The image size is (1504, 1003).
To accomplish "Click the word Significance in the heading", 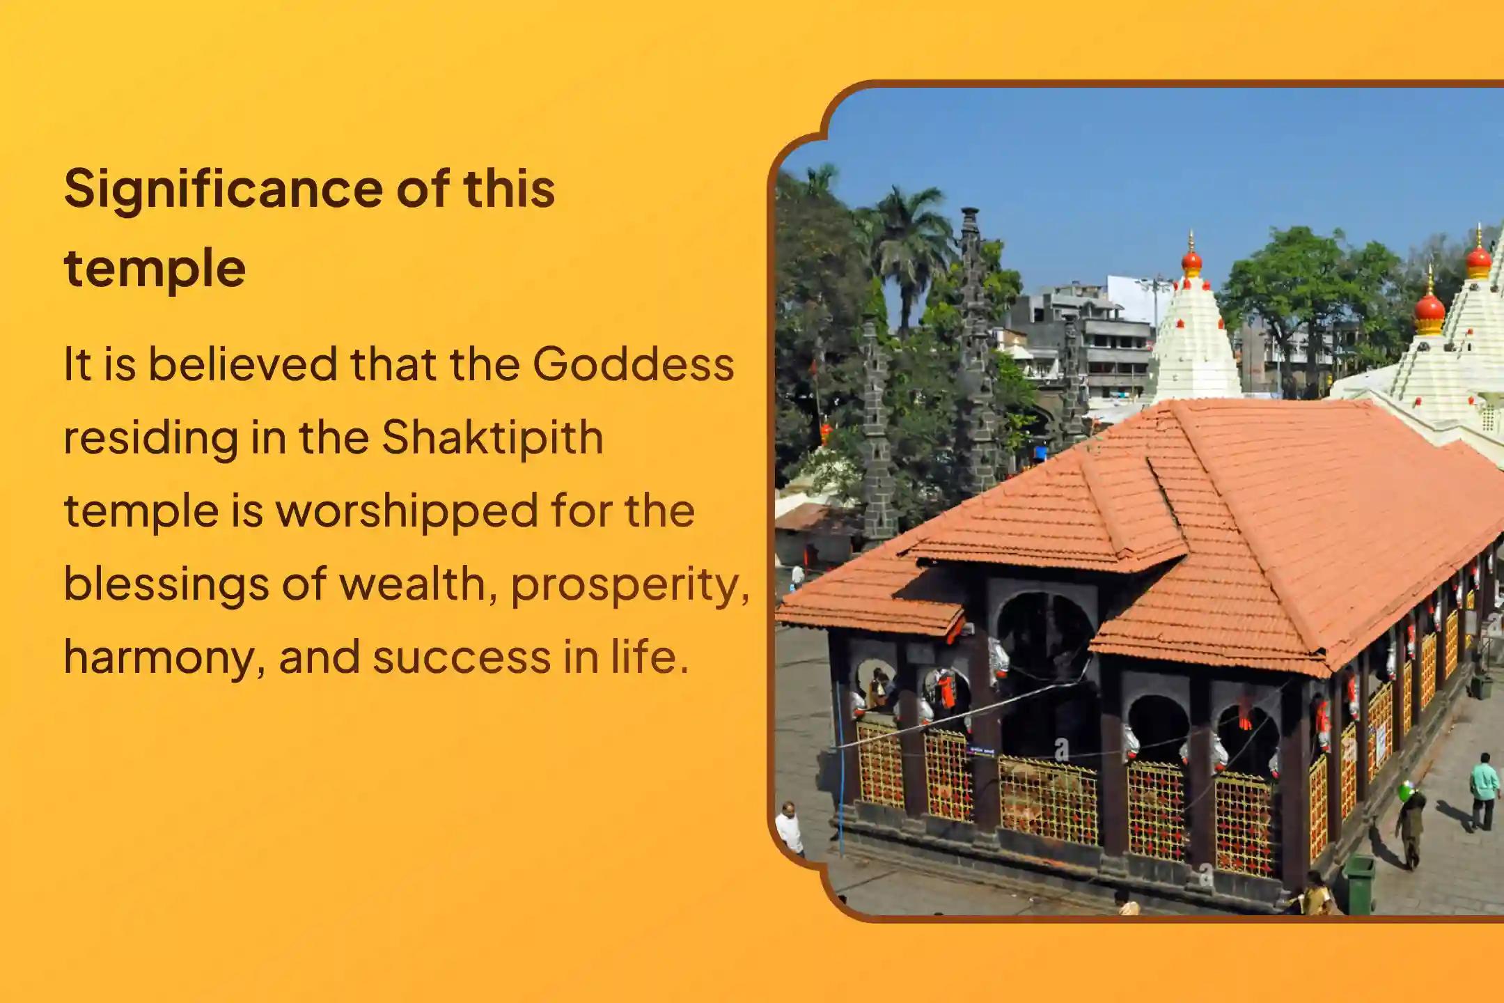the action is pyautogui.click(x=224, y=190).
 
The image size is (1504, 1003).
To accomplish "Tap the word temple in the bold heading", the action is pyautogui.click(x=155, y=269).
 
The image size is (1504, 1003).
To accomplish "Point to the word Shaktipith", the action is pyautogui.click(x=492, y=437).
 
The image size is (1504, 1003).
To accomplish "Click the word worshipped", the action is pyautogui.click(x=407, y=511).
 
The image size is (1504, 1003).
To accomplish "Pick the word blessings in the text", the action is pyautogui.click(x=166, y=584).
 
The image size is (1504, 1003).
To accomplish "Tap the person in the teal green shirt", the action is pyautogui.click(x=1485, y=791).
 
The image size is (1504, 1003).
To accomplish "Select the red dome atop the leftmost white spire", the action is pyautogui.click(x=1192, y=261).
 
